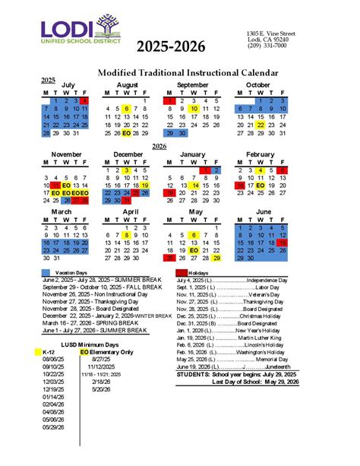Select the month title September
coord(193,84)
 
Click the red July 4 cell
coord(84,100)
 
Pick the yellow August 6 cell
coord(125,109)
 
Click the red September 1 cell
coord(169,100)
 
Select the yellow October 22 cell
coord(261,125)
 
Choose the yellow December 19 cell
coord(144,185)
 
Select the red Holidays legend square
coord(181,272)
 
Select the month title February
coord(261,154)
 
